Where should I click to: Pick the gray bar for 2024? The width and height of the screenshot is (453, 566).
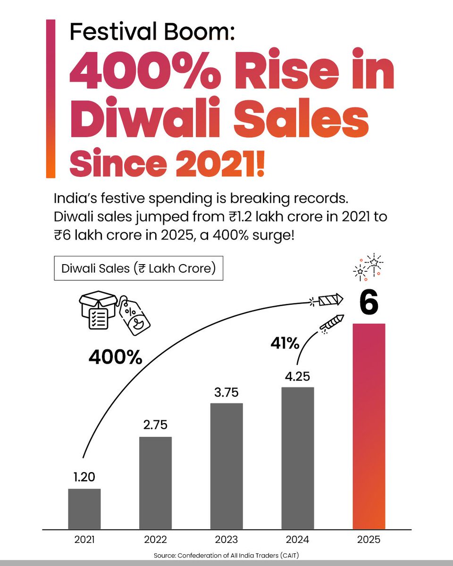(298, 458)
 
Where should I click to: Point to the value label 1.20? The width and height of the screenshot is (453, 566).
(84, 477)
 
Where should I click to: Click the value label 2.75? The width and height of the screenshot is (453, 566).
(156, 425)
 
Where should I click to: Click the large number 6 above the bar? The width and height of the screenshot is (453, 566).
(369, 303)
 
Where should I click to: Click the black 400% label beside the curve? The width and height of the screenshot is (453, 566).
(115, 358)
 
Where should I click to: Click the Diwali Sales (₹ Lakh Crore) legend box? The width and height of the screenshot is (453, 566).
(138, 268)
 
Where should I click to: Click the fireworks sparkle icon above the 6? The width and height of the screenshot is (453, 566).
(368, 266)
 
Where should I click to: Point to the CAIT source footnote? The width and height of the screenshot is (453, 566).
(226, 556)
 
